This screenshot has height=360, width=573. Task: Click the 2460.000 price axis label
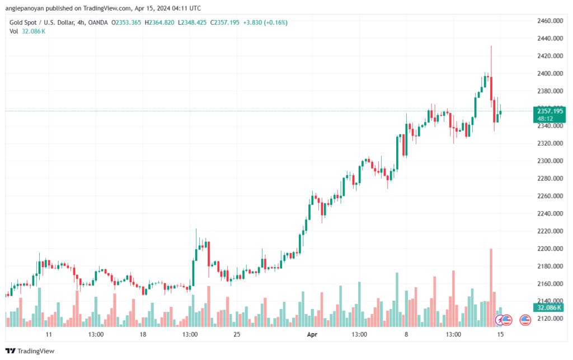549,21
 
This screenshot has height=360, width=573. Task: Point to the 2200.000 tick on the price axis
549,249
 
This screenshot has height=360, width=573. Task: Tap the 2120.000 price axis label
549,319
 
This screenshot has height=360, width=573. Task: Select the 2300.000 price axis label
549,161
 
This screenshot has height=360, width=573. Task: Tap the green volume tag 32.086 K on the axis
549,308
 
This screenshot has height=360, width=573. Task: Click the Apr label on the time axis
312,334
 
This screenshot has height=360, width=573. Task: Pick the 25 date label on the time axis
237,334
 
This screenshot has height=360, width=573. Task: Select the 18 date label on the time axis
143,334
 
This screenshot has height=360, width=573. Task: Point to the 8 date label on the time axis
406,334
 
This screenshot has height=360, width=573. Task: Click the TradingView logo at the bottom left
30,351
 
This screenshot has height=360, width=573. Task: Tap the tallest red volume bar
491,288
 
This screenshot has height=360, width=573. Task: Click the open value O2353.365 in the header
126,22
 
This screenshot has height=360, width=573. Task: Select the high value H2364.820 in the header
159,22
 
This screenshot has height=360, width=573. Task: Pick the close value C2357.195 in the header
225,22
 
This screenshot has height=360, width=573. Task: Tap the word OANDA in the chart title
98,22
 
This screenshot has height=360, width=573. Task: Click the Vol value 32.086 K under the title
34,31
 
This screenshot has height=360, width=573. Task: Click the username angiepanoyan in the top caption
24,8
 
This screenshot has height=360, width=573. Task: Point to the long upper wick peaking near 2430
491,62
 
